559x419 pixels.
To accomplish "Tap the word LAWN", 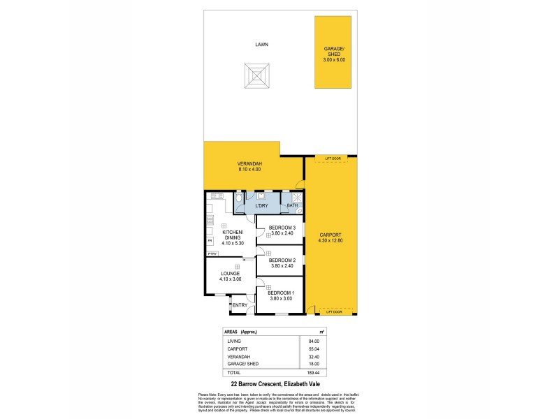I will pos(261,44).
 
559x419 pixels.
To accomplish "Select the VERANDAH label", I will pos(249,166).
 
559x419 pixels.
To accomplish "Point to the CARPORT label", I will pos(330,237).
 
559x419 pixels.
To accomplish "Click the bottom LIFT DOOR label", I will pos(333,311).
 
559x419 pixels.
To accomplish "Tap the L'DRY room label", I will pos(262,206).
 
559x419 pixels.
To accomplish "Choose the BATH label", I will pos(292,205).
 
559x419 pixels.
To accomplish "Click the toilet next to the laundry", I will pos(238,201).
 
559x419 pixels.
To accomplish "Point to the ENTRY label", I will pos(240,305).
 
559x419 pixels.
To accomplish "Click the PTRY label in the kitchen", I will pos(212,253).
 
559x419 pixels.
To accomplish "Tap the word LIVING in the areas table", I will pos(234,341).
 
